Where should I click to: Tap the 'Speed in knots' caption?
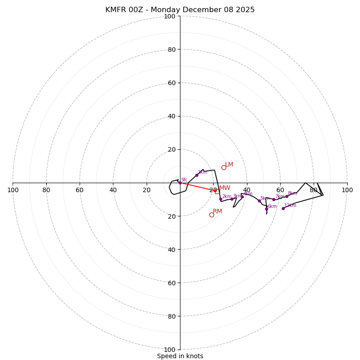[x=180, y=356]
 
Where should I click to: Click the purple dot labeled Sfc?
[x=180, y=183]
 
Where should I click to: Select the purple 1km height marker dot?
[x=197, y=175]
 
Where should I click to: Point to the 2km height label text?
[x=226, y=196]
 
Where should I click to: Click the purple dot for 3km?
[x=232, y=199]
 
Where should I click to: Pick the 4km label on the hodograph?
[x=248, y=194]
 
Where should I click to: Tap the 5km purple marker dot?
[x=259, y=201]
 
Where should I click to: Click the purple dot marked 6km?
[x=266, y=209]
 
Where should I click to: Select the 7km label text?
[x=279, y=196]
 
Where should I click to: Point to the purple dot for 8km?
[x=287, y=196]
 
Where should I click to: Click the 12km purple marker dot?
[x=283, y=208]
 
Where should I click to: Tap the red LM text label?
[x=229, y=165]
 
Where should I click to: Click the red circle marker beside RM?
[x=211, y=215]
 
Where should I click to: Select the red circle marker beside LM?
[x=224, y=168]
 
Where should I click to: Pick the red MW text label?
[x=225, y=188]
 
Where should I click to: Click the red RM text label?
[x=217, y=211]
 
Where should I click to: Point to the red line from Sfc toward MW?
[x=198, y=187]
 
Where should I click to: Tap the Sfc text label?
[x=184, y=180]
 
